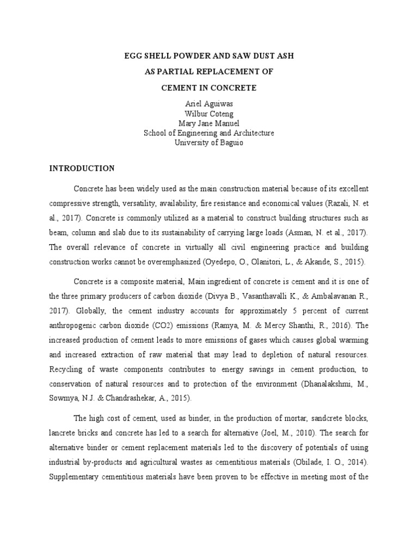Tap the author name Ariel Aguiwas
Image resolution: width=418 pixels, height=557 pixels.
click(208, 104)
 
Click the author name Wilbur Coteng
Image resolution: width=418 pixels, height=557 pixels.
click(208, 114)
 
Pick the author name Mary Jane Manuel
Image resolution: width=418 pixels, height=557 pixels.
click(208, 123)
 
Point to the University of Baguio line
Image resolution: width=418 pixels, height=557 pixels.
click(208, 143)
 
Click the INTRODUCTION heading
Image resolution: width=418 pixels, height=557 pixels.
click(82, 168)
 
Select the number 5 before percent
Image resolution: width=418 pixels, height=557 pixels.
click(280, 311)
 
